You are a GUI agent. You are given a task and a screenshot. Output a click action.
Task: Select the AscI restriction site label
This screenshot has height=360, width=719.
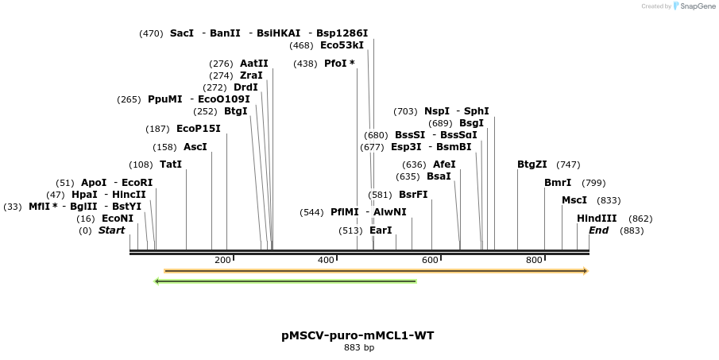click(195, 147)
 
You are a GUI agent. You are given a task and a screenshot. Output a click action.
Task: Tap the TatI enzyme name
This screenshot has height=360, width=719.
click(171, 165)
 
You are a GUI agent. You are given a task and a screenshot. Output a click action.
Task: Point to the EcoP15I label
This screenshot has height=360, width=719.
click(198, 129)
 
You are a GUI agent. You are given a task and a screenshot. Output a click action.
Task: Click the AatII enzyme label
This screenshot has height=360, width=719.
click(254, 64)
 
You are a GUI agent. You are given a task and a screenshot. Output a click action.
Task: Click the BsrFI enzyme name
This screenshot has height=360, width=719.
click(413, 195)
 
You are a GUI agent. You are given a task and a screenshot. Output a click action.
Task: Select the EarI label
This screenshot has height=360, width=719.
click(381, 230)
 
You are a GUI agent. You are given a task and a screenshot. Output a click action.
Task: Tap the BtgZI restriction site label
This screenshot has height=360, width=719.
click(532, 165)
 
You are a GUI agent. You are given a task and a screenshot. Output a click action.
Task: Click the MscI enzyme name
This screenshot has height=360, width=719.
click(574, 200)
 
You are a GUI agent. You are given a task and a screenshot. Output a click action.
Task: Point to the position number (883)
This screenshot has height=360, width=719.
click(632, 230)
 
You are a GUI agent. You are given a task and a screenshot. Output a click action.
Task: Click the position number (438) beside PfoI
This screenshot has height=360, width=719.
click(305, 64)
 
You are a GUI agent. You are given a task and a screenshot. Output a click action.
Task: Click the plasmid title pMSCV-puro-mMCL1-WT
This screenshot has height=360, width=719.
click(358, 335)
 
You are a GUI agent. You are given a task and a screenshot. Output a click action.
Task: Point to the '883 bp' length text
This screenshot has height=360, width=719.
click(358, 347)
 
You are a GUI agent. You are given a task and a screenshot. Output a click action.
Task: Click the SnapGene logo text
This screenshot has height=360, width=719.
click(697, 6)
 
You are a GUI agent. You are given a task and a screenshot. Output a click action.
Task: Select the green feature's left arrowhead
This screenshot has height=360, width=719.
click(158, 281)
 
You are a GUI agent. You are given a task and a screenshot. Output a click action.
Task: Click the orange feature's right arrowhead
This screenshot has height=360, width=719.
click(585, 271)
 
